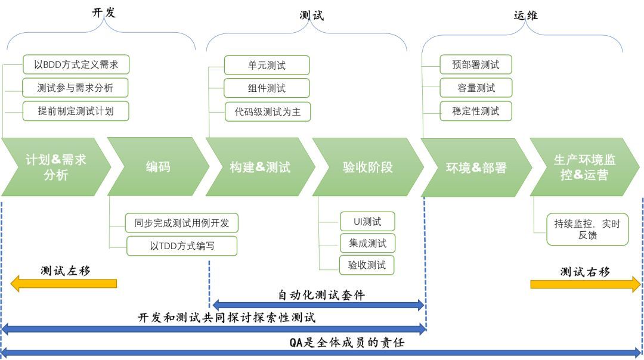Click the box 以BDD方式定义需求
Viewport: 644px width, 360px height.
(76, 65)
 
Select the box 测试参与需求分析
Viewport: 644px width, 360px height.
(76, 88)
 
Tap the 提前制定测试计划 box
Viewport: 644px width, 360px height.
(76, 111)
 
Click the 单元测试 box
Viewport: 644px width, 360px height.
(267, 65)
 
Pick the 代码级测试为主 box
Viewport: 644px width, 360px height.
(267, 111)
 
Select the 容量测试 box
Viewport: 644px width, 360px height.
(475, 88)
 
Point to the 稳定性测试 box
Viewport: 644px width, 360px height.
(475, 111)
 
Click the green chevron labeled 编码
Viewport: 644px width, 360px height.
(158, 167)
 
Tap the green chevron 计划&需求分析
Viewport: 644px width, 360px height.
(55, 167)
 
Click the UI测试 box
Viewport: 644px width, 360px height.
(367, 222)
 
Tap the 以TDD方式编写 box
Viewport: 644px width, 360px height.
(181, 246)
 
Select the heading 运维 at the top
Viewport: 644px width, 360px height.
(525, 16)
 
